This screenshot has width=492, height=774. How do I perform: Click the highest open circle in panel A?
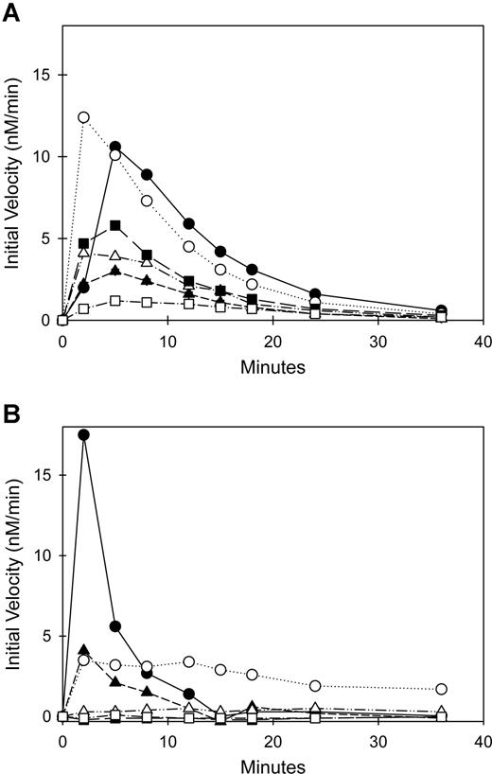(83, 117)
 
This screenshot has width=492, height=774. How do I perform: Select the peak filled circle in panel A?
(115, 147)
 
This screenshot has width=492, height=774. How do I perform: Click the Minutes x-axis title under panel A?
(273, 367)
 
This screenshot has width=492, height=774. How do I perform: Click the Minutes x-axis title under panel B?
(273, 763)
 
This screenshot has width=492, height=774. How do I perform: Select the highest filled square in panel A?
(115, 225)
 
